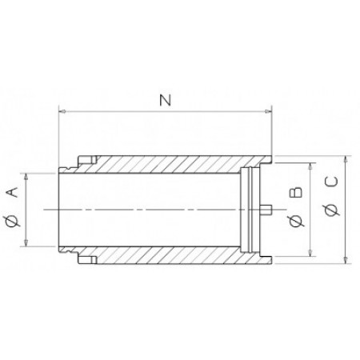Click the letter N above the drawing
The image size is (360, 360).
click(x=166, y=101)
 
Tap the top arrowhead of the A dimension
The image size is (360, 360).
click(x=30, y=174)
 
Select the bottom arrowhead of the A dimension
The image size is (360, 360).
click(x=30, y=244)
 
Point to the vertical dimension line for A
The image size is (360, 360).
click(x=30, y=210)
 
